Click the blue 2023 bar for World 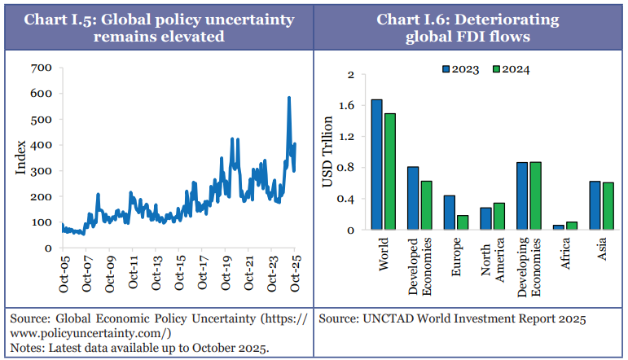(x=377, y=165)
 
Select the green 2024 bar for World (x=390, y=171)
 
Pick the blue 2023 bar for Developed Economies (x=413, y=198)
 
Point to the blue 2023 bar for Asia (x=595, y=205)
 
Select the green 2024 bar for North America (x=498, y=216)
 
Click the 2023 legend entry (x=461, y=69)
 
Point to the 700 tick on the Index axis (x=42, y=68)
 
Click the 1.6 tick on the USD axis (x=349, y=106)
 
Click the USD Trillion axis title (x=328, y=152)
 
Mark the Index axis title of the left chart (x=21, y=156)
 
